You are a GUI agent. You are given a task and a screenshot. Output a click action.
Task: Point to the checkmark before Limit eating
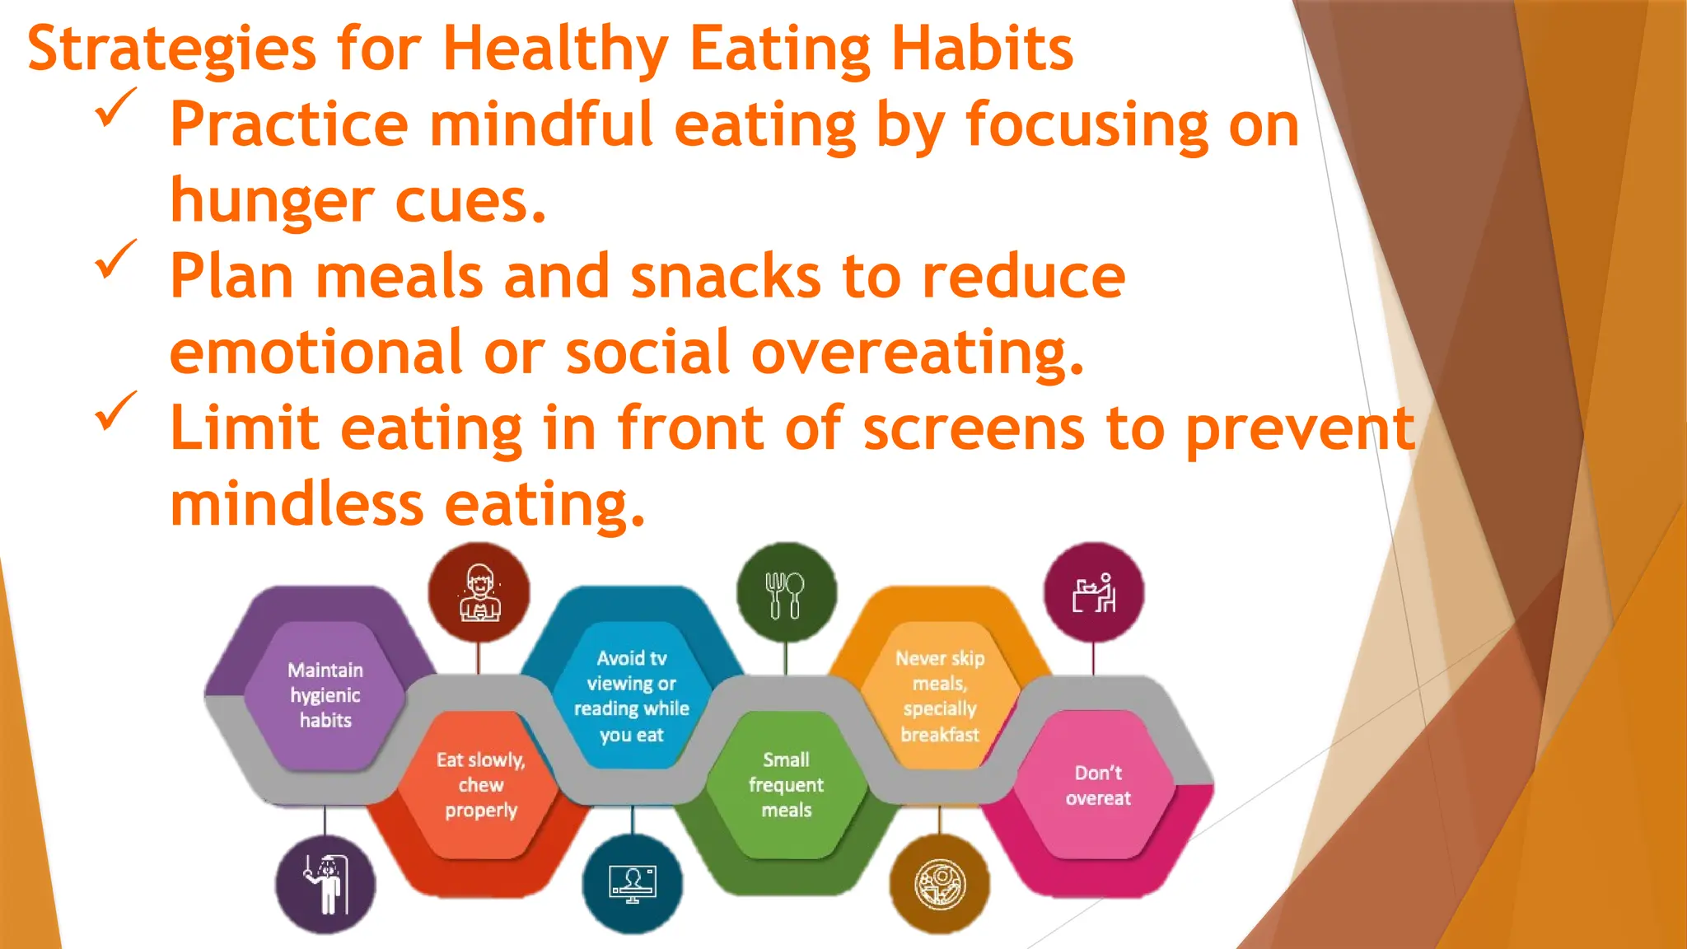[115, 411]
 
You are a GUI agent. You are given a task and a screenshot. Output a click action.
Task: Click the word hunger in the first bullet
[273, 202]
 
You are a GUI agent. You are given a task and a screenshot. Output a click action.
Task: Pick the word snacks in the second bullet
[726, 277]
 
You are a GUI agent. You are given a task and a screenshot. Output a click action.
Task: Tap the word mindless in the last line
[297, 504]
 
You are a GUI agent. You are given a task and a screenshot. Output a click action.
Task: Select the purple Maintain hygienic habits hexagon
[325, 695]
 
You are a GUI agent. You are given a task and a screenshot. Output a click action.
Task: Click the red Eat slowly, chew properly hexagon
[480, 785]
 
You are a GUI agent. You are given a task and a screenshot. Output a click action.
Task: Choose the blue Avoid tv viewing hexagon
[631, 695]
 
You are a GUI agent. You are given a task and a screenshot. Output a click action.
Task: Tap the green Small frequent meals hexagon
[786, 785]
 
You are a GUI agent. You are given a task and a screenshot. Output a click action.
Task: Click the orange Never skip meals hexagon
[939, 695]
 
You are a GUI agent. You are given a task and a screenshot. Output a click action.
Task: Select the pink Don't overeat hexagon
[1097, 785]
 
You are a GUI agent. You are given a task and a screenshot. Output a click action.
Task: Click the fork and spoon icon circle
[785, 593]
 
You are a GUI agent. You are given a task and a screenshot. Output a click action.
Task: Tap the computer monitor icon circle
[632, 884]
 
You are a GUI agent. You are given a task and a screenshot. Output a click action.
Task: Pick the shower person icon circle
[325, 884]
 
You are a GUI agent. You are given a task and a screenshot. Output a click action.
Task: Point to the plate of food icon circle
[939, 884]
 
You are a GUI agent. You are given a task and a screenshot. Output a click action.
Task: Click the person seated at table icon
[1094, 593]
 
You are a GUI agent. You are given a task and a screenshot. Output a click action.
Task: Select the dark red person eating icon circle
[479, 593]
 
